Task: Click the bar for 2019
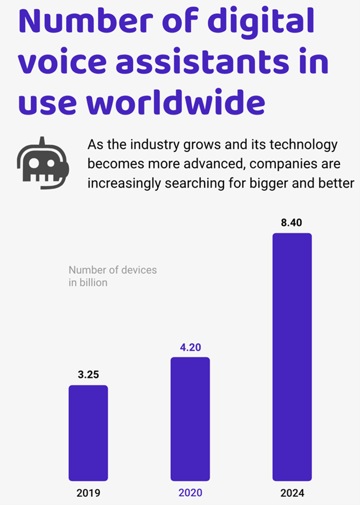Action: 88,433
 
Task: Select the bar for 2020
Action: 190,419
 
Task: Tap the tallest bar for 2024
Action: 292,356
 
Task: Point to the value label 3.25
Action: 88,374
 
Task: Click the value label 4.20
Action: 190,347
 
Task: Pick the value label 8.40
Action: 292,223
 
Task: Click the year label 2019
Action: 88,493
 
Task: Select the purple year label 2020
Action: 190,493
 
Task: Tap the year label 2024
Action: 292,493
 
